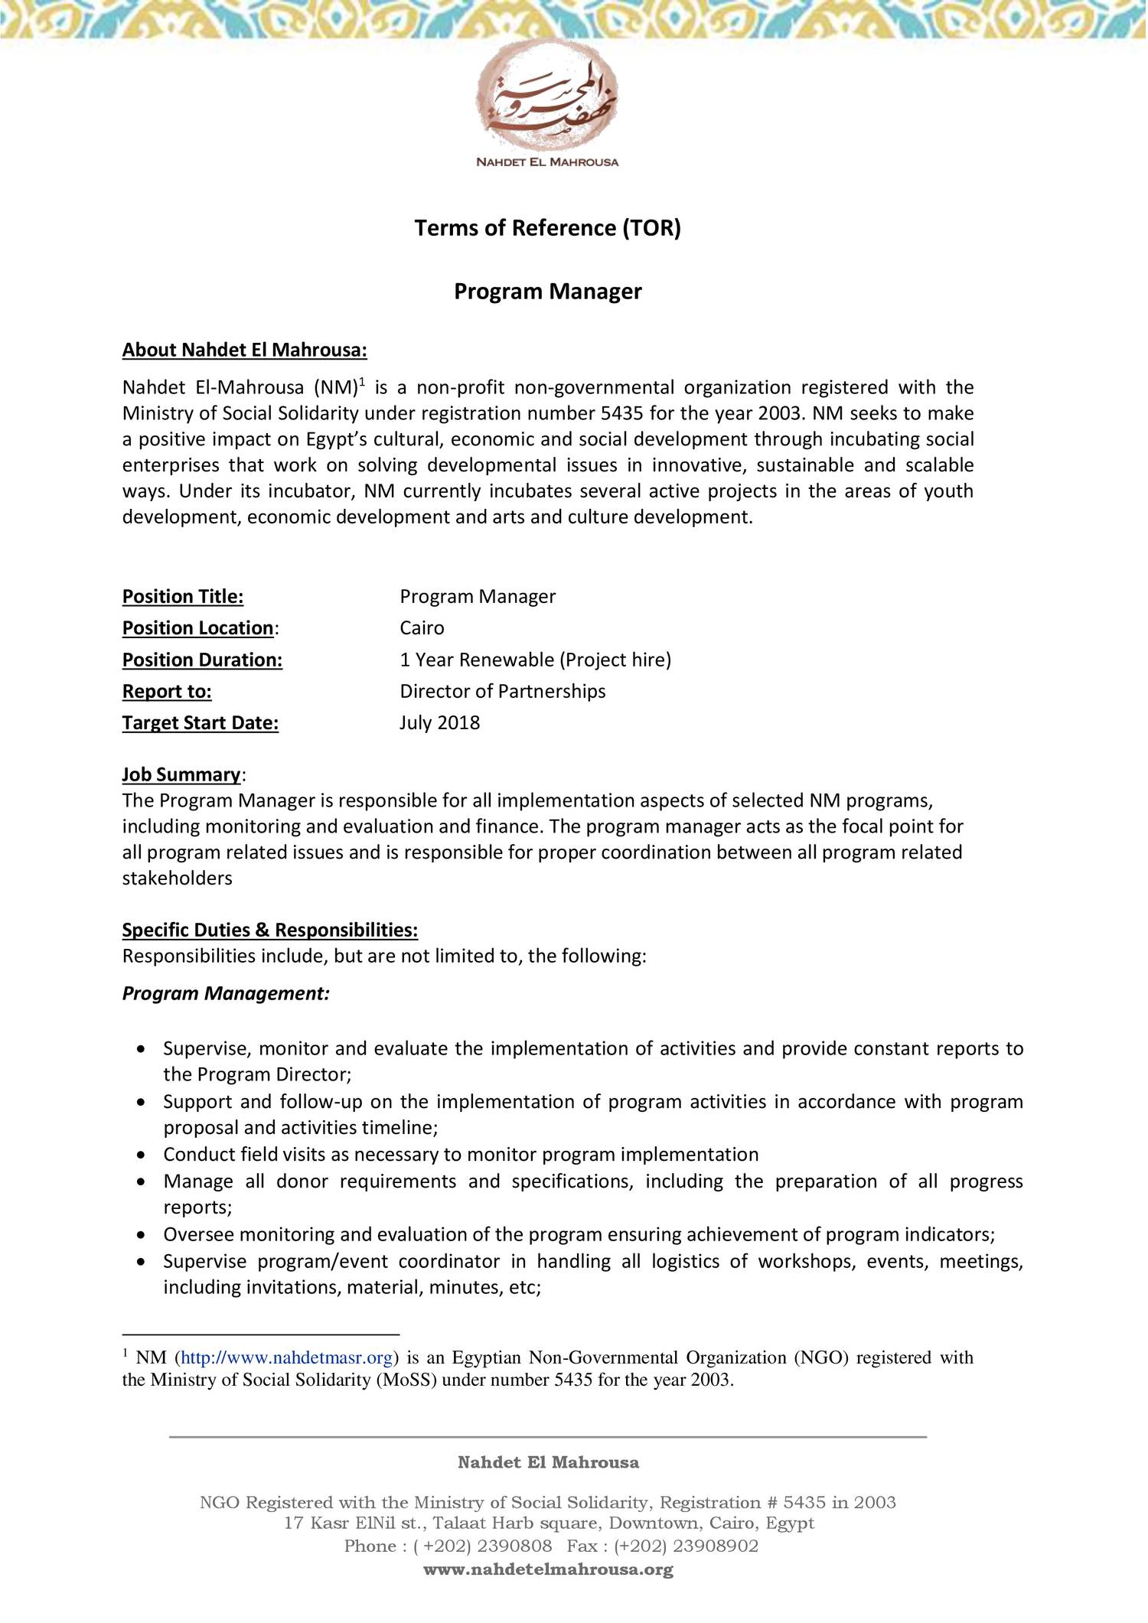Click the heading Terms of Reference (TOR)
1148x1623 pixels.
(547, 228)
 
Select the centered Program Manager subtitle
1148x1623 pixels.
(547, 292)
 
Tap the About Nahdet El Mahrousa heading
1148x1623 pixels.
(245, 350)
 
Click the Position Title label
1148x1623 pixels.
(183, 596)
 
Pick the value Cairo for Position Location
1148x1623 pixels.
(422, 628)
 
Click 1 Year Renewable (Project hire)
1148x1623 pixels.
(535, 660)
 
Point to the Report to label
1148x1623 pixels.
(167, 692)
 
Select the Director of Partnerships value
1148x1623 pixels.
(502, 692)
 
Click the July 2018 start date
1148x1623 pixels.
(439, 723)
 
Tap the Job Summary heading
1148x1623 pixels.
(181, 774)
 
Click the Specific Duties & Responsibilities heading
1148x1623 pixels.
(270, 930)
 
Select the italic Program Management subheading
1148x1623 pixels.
(226, 994)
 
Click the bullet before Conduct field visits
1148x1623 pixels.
(140, 1155)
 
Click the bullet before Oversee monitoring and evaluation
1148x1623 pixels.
(140, 1234)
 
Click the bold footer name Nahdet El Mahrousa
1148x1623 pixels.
(548, 1463)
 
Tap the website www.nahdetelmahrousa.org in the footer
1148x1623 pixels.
(548, 1570)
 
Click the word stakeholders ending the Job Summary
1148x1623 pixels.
(178, 878)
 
